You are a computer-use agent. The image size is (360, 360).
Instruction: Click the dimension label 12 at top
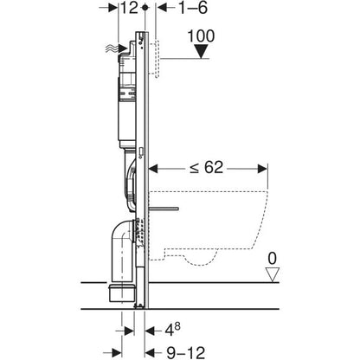(x=129, y=8)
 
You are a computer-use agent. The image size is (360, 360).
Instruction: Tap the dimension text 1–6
(x=193, y=8)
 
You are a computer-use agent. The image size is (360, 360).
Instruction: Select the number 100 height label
(x=201, y=36)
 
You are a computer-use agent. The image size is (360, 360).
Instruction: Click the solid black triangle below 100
(x=201, y=51)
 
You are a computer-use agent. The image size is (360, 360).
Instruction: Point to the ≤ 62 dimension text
(x=207, y=167)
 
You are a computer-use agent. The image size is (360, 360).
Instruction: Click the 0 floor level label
(x=272, y=258)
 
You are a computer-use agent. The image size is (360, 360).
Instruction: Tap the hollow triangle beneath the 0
(x=272, y=274)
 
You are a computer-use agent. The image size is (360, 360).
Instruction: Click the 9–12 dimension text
(x=185, y=352)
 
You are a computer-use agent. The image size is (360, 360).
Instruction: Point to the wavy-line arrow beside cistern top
(x=117, y=48)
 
